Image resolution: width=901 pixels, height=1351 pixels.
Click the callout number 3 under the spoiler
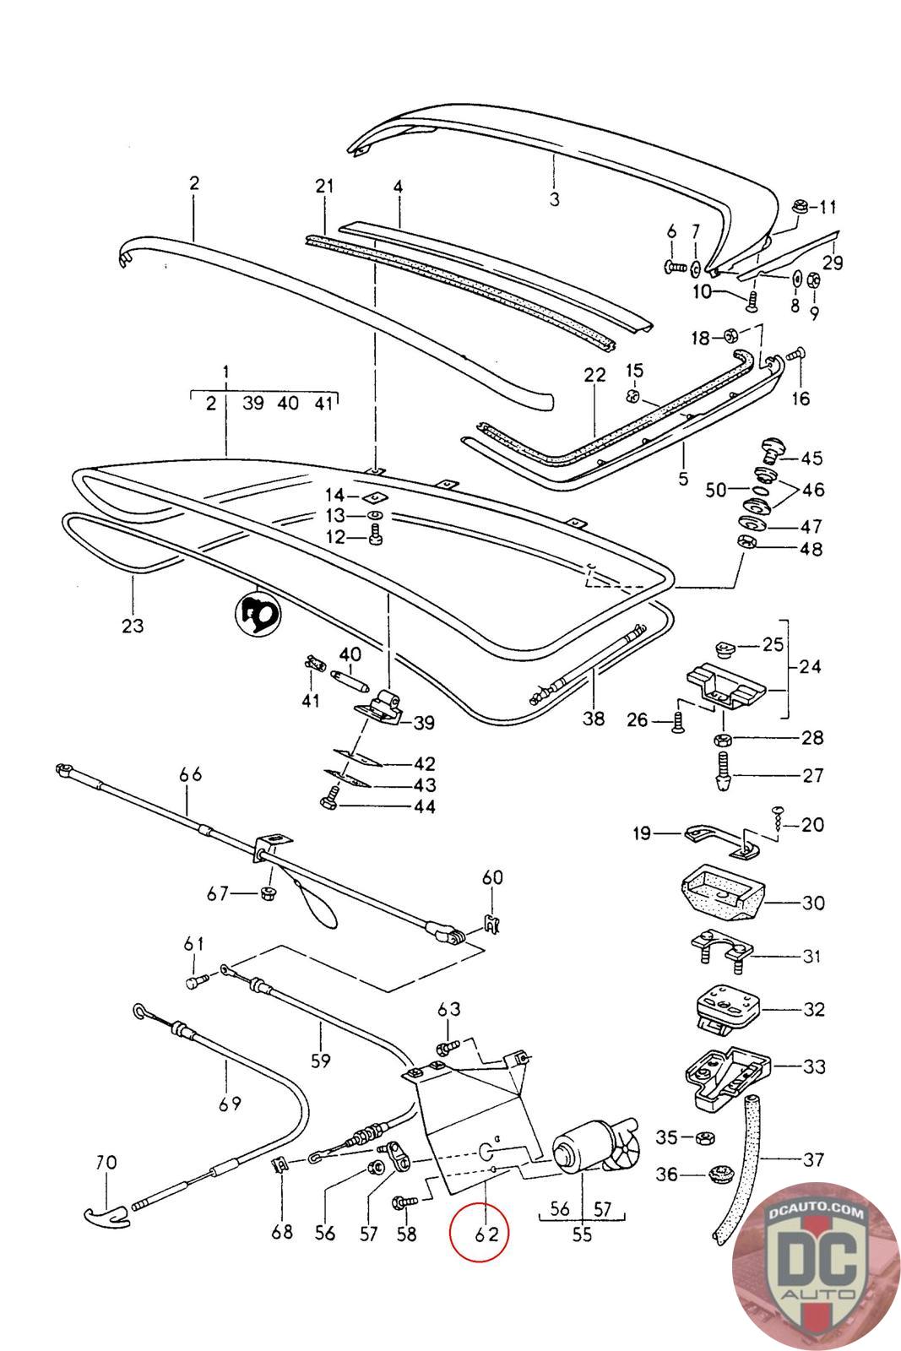point(554,199)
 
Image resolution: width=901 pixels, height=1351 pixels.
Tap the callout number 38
point(594,719)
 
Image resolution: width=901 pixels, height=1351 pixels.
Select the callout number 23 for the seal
point(133,626)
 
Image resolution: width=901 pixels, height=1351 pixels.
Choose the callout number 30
point(812,903)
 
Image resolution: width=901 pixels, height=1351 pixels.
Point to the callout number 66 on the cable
point(191,774)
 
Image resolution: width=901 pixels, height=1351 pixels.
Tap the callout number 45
point(811,458)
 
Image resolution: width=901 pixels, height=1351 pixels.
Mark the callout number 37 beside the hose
point(812,1160)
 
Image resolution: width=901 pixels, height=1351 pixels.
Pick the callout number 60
point(492,878)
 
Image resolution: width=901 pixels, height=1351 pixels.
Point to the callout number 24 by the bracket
point(810,667)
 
